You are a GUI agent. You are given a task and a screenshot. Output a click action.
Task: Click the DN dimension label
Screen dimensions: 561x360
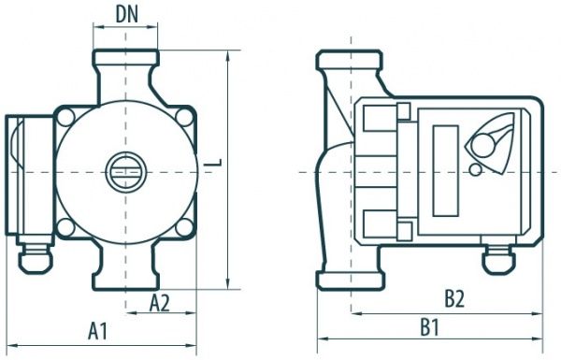(126, 15)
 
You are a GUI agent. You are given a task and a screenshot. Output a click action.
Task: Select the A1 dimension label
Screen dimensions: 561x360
(97, 331)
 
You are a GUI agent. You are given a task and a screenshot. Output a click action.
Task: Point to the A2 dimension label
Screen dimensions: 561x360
(159, 304)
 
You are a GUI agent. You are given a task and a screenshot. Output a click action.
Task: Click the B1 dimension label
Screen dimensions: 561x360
(429, 327)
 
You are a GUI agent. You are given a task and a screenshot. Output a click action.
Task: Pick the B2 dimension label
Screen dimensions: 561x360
(454, 299)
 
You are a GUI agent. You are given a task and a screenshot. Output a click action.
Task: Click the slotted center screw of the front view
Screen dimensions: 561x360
(125, 172)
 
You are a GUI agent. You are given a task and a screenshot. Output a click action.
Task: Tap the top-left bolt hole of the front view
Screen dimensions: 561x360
(65, 117)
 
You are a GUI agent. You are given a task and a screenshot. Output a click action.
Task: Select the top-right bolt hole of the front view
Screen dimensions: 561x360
(184, 117)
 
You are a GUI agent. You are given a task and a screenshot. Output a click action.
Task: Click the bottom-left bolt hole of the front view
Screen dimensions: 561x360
(65, 227)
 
